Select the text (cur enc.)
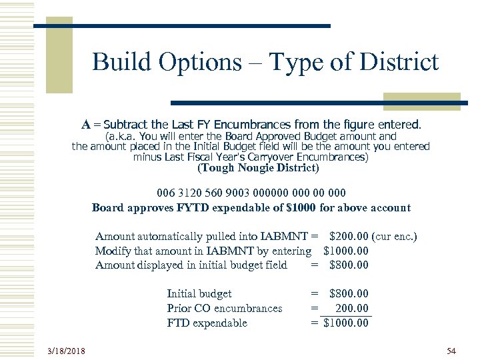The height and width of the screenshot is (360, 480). pos(395,237)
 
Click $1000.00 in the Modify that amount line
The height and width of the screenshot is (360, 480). pos(345,251)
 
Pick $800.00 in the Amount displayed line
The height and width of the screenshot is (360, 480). pos(349,265)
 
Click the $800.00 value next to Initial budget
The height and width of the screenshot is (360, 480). pos(349,293)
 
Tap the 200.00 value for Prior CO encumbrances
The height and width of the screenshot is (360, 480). pos(353,308)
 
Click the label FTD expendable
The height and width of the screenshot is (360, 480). pos(207,323)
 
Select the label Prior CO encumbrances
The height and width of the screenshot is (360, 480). pos(224,308)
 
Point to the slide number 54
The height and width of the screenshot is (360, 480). pos(451,350)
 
